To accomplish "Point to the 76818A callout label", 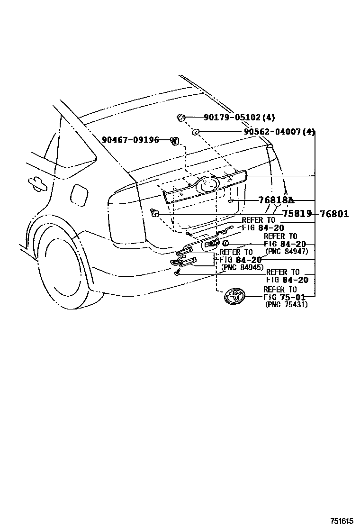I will (276, 200).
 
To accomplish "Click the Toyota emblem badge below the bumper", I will (235, 297).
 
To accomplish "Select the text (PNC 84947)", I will (287, 251).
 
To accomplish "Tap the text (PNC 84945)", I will (242, 267).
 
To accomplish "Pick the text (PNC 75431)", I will (286, 305).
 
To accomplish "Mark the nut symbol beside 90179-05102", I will (180, 117).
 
